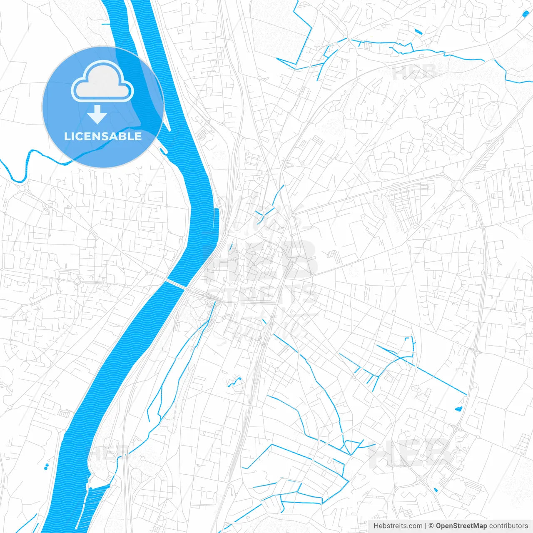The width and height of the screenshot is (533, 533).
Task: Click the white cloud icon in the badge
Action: pyautogui.click(x=102, y=82)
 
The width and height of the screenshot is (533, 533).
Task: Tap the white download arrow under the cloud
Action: pyautogui.click(x=97, y=115)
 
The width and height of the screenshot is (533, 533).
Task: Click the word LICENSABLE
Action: pyautogui.click(x=102, y=136)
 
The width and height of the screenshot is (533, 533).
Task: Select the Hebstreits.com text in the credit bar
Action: pyautogui.click(x=398, y=526)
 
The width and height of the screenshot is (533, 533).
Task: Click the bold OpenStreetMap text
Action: pyautogui.click(x=461, y=526)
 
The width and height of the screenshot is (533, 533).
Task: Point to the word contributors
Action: pyautogui.click(x=508, y=526)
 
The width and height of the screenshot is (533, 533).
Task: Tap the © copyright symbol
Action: pyautogui.click(x=431, y=526)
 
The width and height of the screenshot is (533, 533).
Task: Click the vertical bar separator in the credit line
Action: pyautogui.click(x=426, y=526)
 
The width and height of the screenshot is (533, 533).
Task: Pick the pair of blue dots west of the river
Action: pyautogui.click(x=46, y=466)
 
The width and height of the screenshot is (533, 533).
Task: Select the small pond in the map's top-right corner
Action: pyautogui.click(x=525, y=15)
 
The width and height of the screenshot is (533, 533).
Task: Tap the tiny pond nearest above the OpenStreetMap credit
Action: pyautogui.click(x=435, y=490)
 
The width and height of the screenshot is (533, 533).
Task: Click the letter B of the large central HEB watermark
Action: pyautogui.click(x=300, y=260)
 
